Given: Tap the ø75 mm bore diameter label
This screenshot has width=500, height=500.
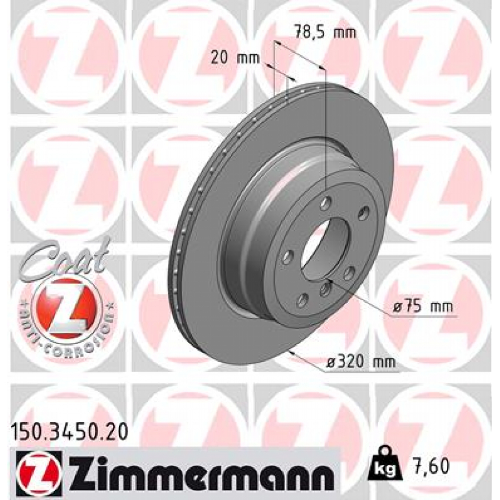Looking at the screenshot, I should pyautogui.click(x=423, y=307).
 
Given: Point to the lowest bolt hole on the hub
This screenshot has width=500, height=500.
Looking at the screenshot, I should pyautogui.click(x=303, y=299).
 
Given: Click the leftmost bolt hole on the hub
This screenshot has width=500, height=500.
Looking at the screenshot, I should pyautogui.click(x=288, y=257).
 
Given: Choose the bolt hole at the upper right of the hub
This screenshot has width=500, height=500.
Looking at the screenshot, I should pyautogui.click(x=363, y=213).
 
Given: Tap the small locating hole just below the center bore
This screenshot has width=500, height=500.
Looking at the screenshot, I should pyautogui.click(x=326, y=290).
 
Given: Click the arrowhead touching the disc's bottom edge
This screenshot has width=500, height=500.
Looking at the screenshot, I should pyautogui.click(x=292, y=351).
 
